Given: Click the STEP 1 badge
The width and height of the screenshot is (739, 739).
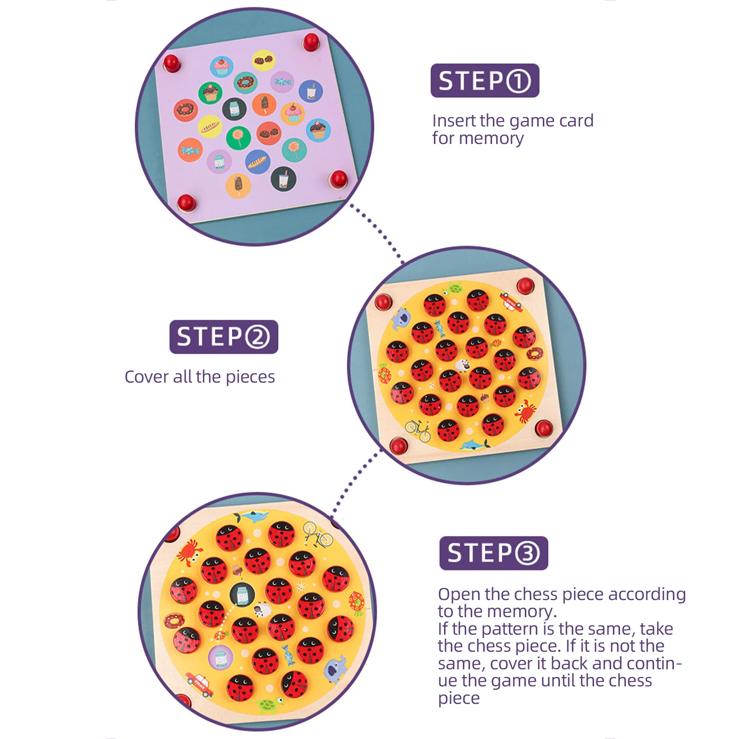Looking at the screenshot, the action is [485, 81].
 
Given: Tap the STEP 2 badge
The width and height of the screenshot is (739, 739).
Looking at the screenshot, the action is [224, 337].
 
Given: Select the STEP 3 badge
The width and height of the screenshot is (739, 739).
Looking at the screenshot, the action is [493, 553].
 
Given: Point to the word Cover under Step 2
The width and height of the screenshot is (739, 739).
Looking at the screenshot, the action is [147, 377].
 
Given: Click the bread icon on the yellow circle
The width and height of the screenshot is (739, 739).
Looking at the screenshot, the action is [210, 126].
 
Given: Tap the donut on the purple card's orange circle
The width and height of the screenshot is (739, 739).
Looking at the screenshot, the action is [186, 110].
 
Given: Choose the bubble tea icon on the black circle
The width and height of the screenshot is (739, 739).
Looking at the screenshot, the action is [283, 179].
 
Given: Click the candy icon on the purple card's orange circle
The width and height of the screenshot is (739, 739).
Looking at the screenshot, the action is [190, 150].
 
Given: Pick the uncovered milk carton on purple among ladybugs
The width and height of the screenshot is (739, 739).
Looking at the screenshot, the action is [221, 657].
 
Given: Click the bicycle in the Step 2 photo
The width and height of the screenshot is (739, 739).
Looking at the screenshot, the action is [418, 430].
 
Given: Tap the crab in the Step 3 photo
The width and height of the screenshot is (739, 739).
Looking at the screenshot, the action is [189, 552].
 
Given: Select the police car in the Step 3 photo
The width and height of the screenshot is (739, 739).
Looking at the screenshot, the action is [200, 684].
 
